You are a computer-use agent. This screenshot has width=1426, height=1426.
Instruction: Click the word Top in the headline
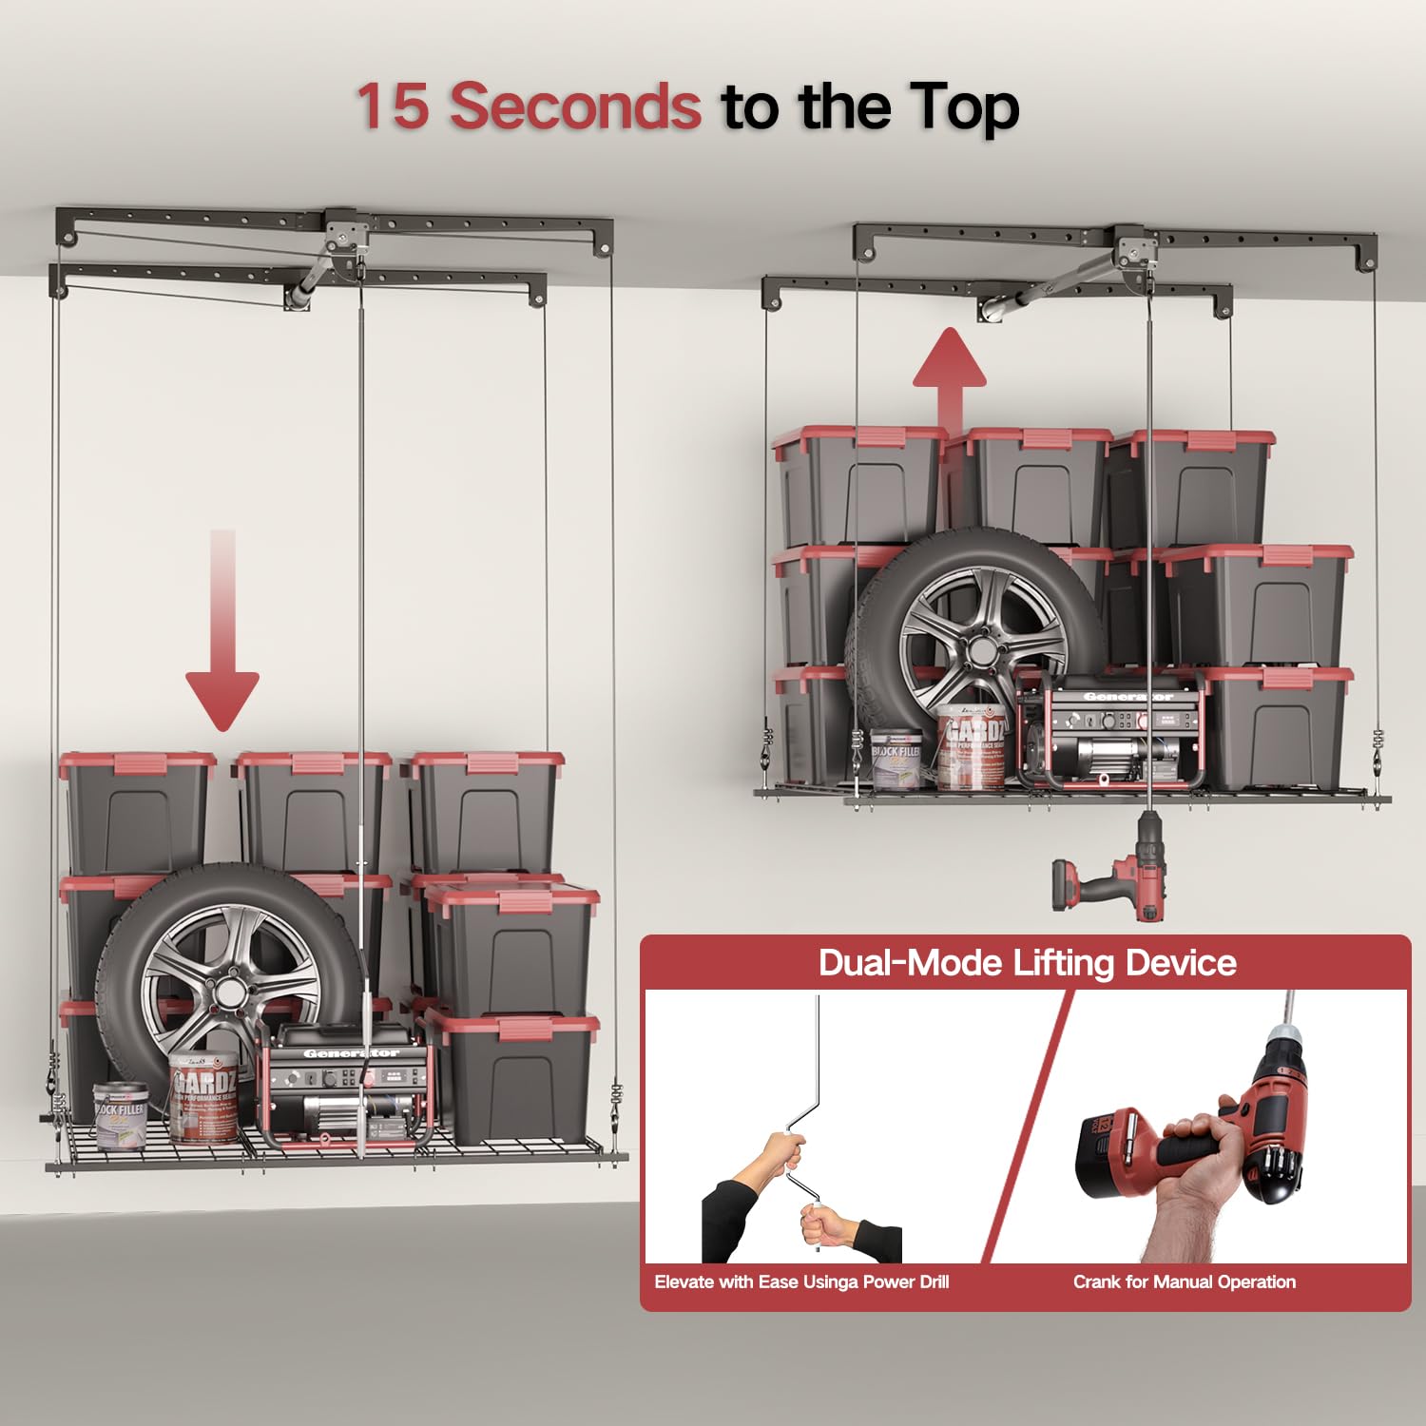963,106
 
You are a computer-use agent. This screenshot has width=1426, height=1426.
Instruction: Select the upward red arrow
949,376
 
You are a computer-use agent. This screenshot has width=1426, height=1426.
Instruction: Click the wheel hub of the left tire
229,992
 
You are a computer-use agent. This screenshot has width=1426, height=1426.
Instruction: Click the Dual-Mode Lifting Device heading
1027,963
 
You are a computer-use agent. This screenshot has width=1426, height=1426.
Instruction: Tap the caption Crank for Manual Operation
1184,1281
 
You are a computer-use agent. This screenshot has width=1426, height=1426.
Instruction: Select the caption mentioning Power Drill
801,1281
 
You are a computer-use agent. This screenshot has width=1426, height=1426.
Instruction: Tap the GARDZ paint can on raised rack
972,751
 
